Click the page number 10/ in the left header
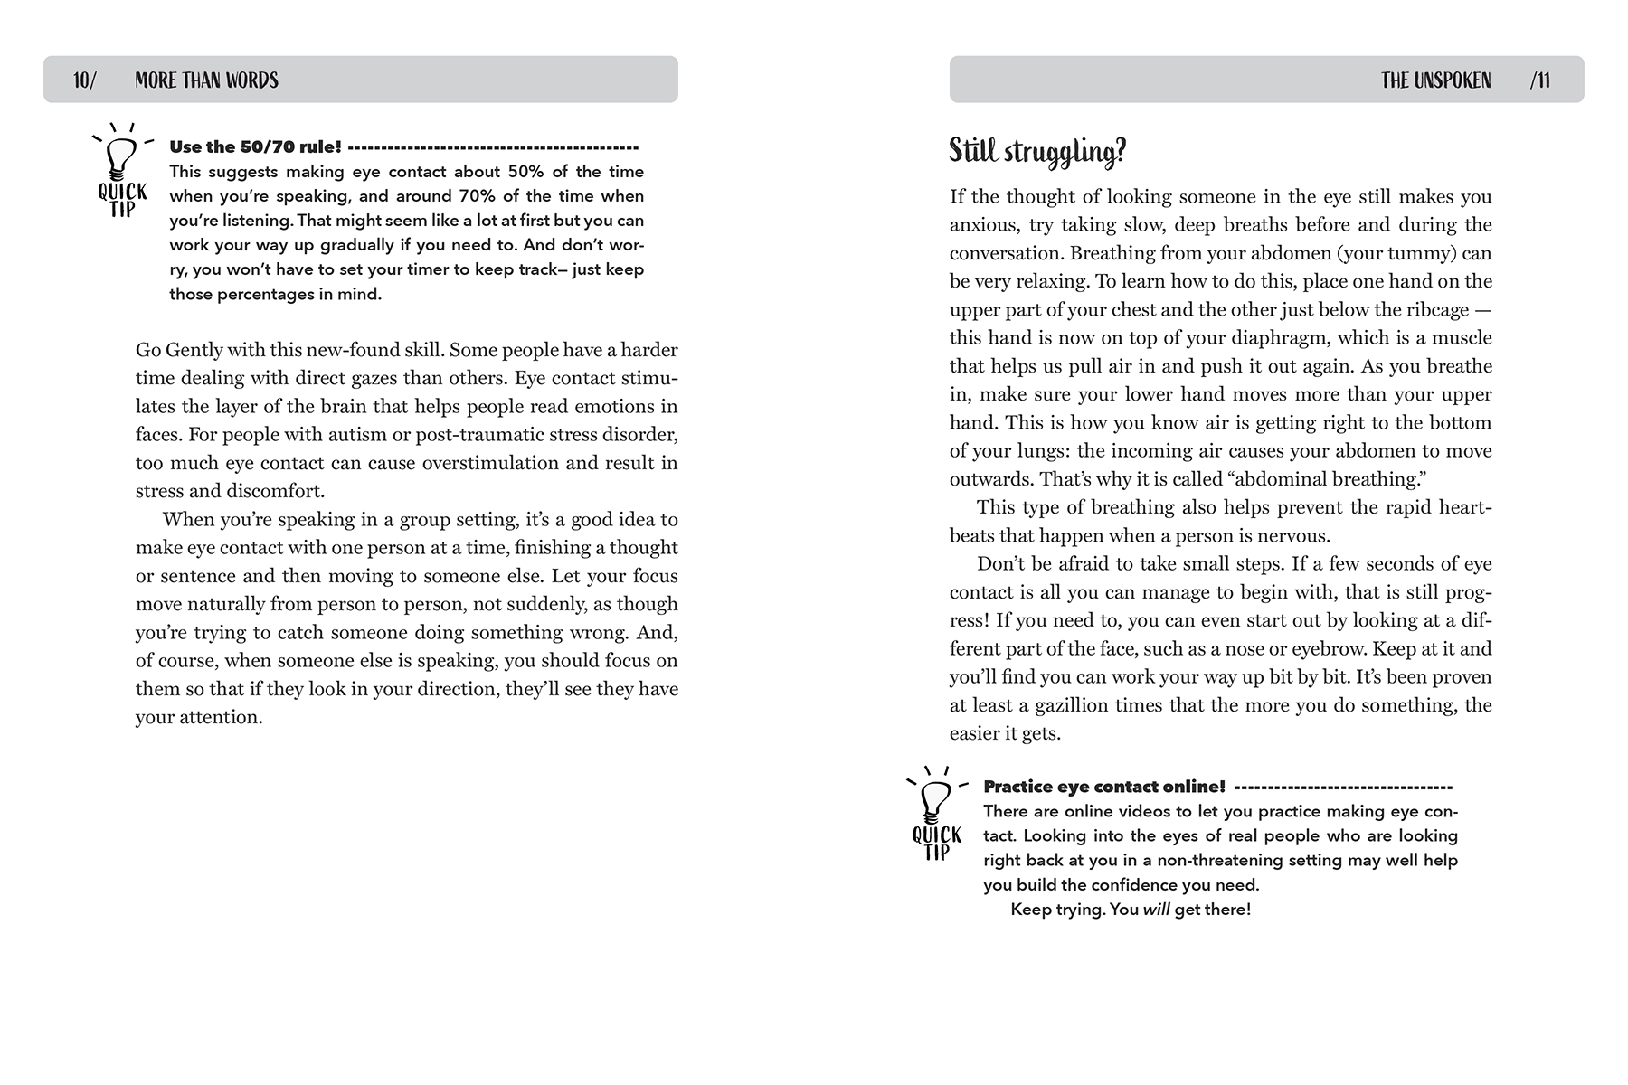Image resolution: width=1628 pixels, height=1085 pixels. pos(84,80)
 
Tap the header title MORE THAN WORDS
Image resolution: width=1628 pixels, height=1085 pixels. pos(206,80)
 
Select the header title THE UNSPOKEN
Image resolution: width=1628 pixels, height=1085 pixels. pos(1436,80)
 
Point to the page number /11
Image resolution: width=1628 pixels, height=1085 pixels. pos(1539,80)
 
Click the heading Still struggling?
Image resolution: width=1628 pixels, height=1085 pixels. pos(1037,151)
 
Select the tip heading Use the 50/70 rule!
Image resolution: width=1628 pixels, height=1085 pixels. pos(255,146)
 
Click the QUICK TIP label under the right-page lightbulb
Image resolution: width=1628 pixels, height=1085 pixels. pos(936,844)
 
